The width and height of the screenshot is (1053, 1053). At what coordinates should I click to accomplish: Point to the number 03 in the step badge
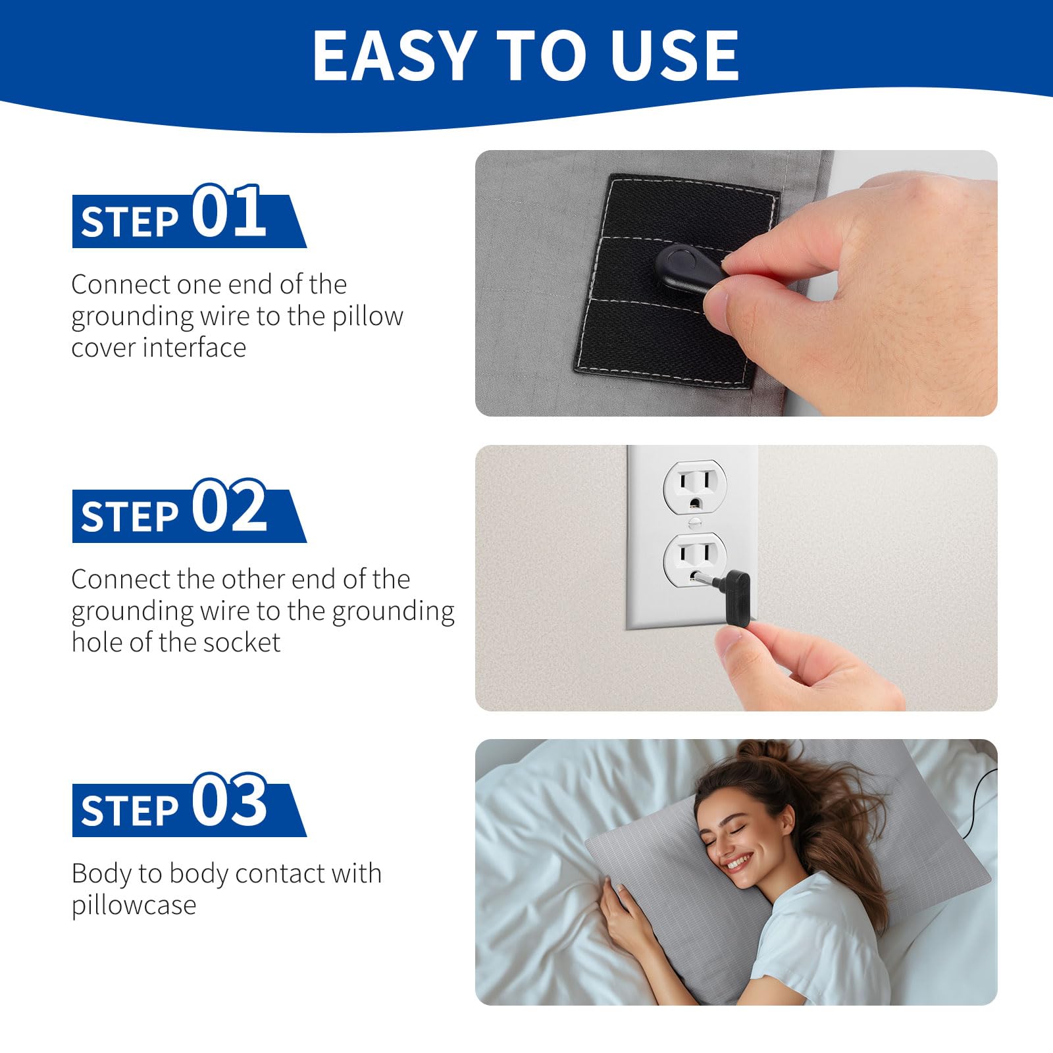pyautogui.click(x=229, y=800)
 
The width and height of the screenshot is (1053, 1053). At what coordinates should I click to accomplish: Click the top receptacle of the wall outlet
pyautogui.click(x=694, y=487)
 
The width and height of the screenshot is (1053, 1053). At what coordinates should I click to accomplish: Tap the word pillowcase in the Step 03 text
pyautogui.click(x=134, y=906)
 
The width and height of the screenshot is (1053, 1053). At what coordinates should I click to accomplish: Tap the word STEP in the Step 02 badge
pyautogui.click(x=130, y=516)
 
